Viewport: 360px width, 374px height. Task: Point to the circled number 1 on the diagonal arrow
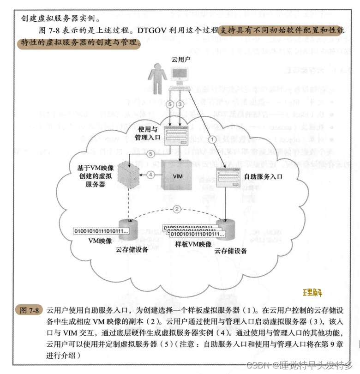click(212, 138)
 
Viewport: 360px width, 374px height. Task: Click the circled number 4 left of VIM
click(150, 175)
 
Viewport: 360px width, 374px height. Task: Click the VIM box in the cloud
click(178, 175)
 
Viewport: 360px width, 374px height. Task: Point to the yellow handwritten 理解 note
click(312, 293)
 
